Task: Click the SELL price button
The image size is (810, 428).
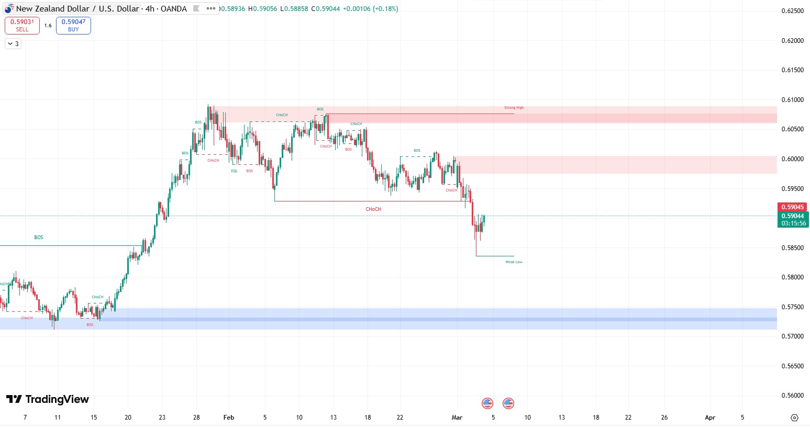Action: [x=22, y=25]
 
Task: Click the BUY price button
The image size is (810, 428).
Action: [x=73, y=25]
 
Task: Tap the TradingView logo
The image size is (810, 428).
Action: [x=48, y=400]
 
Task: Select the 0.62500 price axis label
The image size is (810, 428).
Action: [x=792, y=11]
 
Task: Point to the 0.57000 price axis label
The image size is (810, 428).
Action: [x=792, y=336]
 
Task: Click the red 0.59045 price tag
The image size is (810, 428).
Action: [x=792, y=207]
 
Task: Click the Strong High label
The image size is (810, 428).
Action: [x=514, y=108]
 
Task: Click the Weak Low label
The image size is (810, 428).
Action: [x=514, y=262]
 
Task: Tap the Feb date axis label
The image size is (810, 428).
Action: [x=229, y=418]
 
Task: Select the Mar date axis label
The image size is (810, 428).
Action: [x=457, y=418]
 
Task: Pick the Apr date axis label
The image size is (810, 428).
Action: [x=710, y=418]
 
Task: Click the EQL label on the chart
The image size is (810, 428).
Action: [x=234, y=171]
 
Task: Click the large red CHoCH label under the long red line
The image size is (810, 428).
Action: [x=373, y=209]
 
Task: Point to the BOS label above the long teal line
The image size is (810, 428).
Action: [x=39, y=238]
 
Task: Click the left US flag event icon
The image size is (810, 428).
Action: [x=487, y=403]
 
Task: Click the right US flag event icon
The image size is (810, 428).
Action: [x=508, y=403]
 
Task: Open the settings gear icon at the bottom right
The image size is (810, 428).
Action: [x=794, y=418]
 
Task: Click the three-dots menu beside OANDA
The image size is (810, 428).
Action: [x=210, y=8]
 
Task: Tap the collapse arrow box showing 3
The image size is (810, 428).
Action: [x=13, y=44]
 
